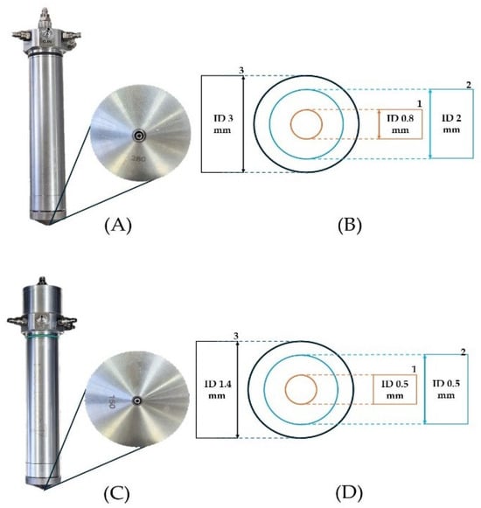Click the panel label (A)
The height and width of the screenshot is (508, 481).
click(118, 226)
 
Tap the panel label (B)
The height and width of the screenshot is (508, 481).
click(350, 226)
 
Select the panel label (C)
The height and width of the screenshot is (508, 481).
click(116, 494)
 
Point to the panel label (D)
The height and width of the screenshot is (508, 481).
click(349, 493)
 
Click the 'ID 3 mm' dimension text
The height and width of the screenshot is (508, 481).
click(223, 124)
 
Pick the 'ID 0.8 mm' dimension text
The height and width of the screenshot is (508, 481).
click(401, 124)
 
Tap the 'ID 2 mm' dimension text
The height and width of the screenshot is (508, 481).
click(451, 124)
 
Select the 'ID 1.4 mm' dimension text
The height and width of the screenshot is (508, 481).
click(218, 390)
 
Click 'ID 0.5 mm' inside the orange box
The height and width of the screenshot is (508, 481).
click(394, 390)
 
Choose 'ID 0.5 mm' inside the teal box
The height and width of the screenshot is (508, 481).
click(446, 389)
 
